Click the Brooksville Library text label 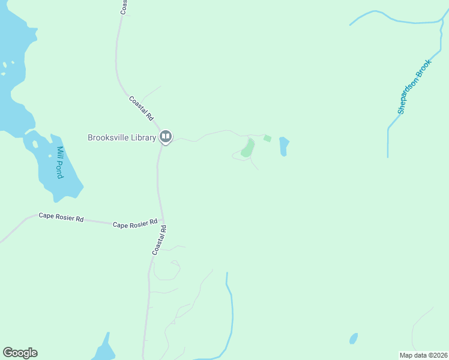point(122,137)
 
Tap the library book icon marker point(166,137)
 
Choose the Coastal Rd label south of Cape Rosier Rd point(159,239)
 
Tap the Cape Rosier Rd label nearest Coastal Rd point(135,224)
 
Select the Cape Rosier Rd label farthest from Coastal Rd point(61,217)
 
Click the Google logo point(20,353)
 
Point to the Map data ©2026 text point(423,355)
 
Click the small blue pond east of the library point(284,146)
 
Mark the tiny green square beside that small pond point(267,139)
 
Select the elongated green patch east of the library point(247,148)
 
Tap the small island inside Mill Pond point(35,144)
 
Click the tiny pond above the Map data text point(354,338)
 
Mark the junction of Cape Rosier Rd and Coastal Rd point(162,222)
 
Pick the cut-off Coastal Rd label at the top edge point(124,7)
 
